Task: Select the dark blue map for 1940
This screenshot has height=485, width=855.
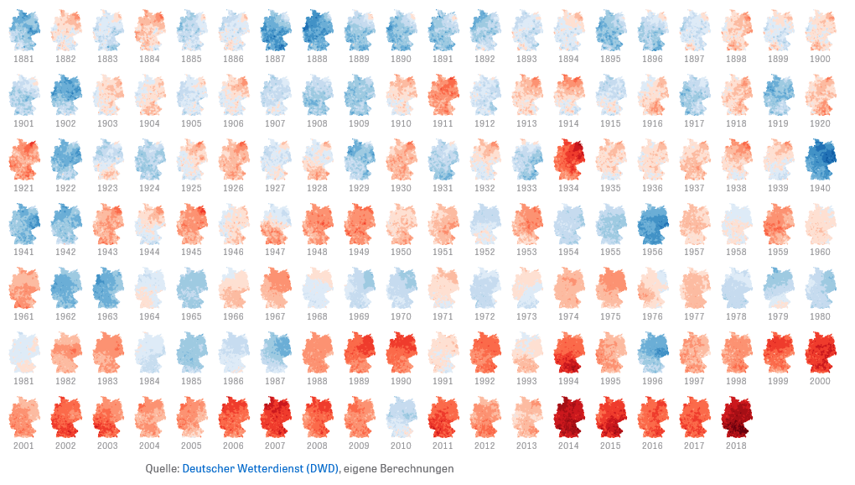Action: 820,159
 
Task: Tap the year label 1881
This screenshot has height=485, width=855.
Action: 23,59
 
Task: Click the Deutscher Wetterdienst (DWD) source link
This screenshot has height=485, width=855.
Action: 260,468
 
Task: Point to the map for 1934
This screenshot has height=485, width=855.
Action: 568,159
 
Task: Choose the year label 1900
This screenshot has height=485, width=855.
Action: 820,59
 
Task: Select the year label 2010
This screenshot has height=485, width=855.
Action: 401,446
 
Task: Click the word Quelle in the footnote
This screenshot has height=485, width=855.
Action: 162,468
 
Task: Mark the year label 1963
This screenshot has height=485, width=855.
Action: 107,316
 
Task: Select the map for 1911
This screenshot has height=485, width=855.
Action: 443,95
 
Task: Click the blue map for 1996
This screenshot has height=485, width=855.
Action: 652,352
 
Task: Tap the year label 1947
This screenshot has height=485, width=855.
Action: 275,252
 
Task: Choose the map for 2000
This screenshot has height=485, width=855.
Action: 820,352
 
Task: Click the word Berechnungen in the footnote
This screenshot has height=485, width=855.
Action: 416,468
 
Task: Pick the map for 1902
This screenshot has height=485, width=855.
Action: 65,95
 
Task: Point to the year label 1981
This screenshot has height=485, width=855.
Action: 23,381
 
